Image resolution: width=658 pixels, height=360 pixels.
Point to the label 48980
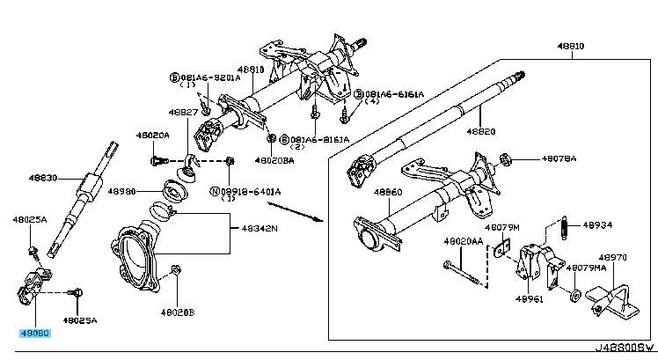coord(121,189)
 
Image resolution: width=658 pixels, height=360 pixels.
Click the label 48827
coord(184,112)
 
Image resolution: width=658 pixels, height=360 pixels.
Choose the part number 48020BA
coord(275,161)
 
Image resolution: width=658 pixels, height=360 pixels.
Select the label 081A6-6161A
coord(394,93)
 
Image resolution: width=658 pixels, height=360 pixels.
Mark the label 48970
coord(612,258)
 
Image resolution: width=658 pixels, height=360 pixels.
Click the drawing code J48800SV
coord(625,350)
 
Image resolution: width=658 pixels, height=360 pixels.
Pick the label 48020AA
coord(461,240)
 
